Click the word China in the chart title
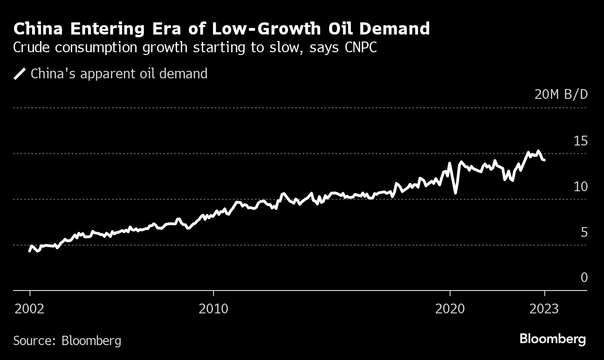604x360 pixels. point(40,29)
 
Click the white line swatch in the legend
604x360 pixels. point(20,74)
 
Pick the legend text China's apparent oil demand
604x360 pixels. point(119,74)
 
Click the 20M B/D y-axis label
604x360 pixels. point(561,95)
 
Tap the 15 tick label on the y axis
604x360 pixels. point(581,141)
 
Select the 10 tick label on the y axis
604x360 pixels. point(581,187)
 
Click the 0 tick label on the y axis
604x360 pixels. point(584,278)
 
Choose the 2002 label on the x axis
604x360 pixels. point(30,309)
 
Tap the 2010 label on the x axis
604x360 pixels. point(213,309)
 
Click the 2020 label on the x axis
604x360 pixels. point(450,309)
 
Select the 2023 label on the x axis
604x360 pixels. point(544,309)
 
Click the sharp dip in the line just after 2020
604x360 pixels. point(455,192)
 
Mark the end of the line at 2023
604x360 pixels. point(544,160)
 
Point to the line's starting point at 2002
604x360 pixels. point(30,251)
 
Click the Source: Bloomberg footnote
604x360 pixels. point(67,341)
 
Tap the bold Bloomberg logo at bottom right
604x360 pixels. point(553,339)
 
